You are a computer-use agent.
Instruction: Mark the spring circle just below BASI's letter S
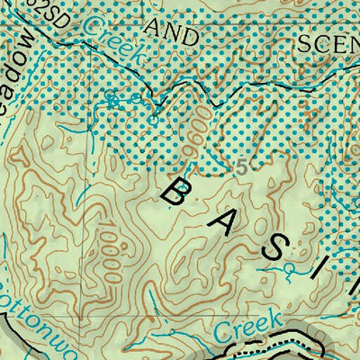point(290,268)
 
